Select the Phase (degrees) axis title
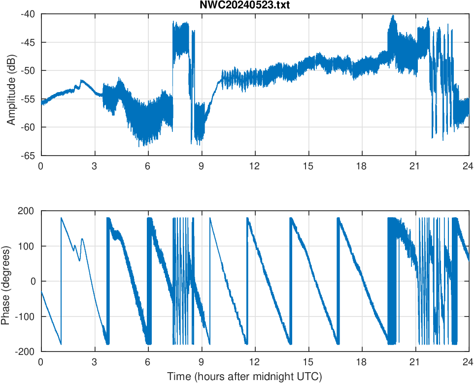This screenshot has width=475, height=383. [x=6, y=281]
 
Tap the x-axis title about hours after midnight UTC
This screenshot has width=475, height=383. [x=244, y=377]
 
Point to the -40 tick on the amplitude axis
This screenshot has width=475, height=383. [x=28, y=14]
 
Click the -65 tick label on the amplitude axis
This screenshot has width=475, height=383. [x=28, y=156]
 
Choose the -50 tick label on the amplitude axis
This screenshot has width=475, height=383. [x=28, y=70]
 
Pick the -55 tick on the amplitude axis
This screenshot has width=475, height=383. [x=28, y=99]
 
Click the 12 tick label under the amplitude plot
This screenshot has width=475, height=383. [x=255, y=166]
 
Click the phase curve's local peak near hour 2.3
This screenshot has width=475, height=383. [x=82, y=239]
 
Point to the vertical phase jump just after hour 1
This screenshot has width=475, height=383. [x=61, y=281]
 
